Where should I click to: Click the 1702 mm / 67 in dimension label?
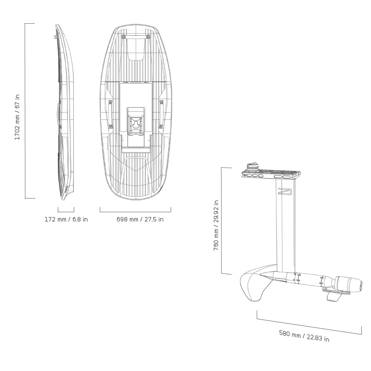coord(17,117)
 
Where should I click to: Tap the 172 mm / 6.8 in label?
coord(66,219)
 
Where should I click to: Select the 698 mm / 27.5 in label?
coord(140,219)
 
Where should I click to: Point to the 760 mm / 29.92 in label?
coord(216,225)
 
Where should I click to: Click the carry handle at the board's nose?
coord(135,37)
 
